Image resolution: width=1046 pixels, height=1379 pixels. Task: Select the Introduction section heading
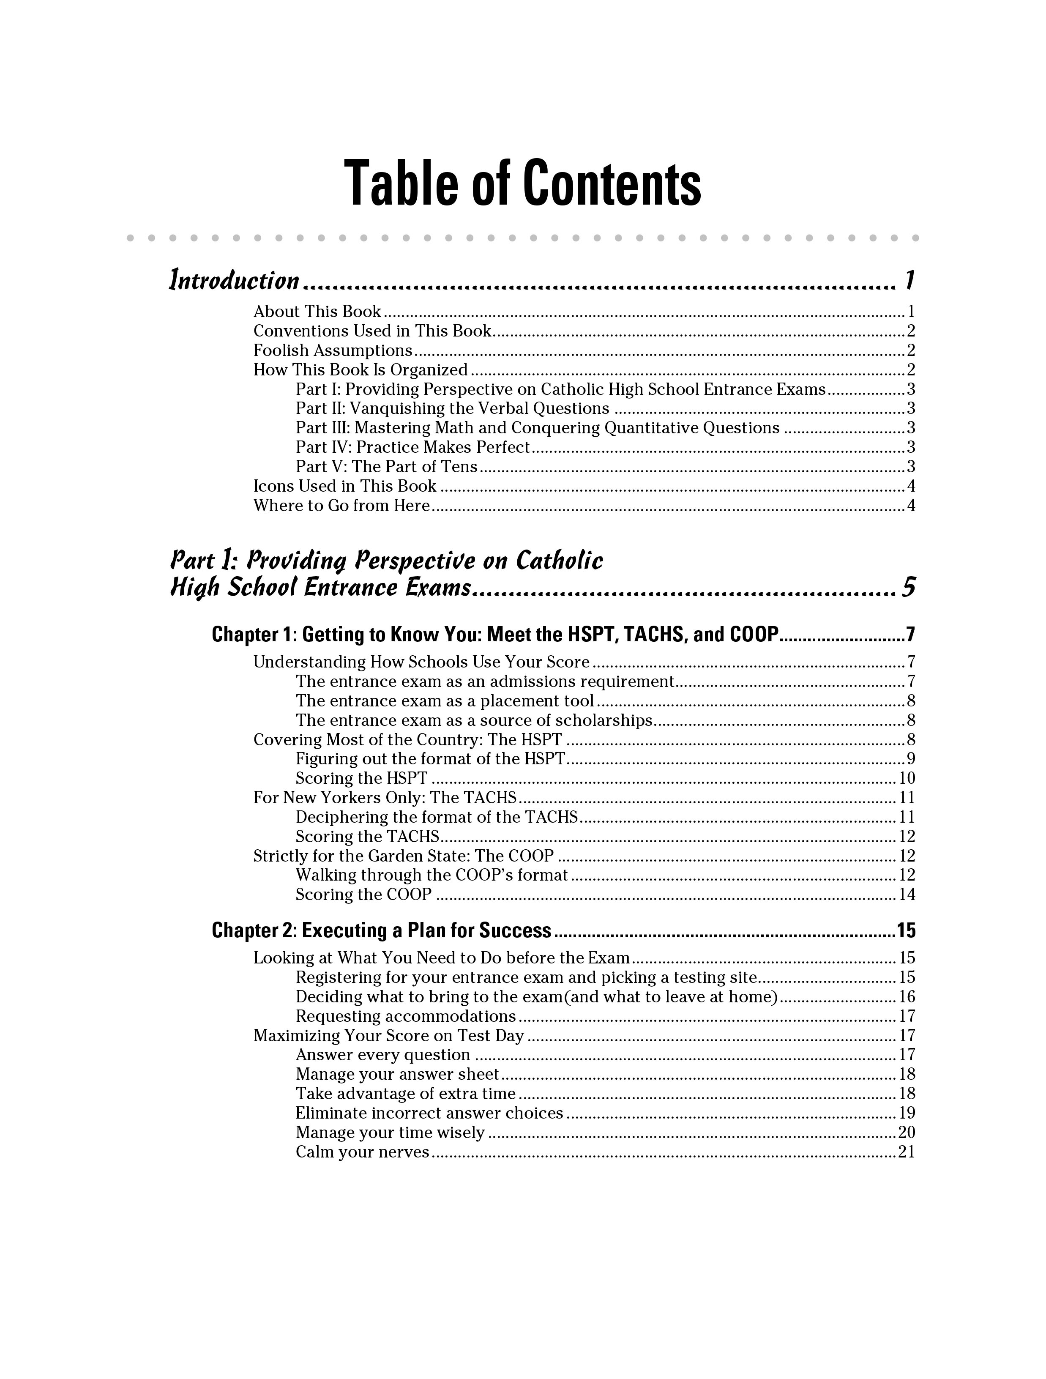coord(235,281)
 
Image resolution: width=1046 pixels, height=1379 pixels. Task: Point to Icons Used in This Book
coord(345,486)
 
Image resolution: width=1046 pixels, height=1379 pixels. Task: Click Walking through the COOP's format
coord(432,875)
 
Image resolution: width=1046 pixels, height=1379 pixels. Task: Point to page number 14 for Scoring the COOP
coord(907,895)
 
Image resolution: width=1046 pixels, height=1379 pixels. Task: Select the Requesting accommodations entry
coord(406,1016)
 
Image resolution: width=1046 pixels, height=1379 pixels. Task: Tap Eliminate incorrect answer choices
coord(429,1113)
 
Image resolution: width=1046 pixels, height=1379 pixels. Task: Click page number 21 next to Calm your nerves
coord(907,1152)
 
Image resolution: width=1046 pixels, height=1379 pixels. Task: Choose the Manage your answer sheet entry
coord(397,1074)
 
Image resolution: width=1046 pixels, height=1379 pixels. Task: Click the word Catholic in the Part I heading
coord(559,561)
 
